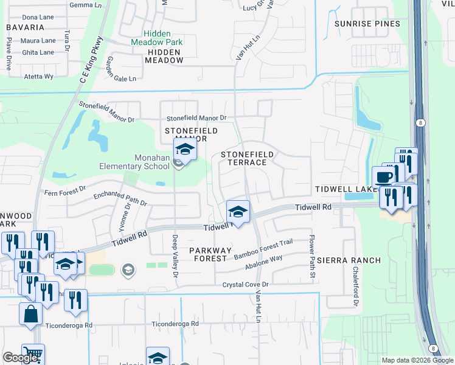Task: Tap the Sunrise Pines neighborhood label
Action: click(x=367, y=24)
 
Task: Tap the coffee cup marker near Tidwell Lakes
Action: click(x=382, y=177)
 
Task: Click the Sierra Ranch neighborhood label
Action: click(x=349, y=260)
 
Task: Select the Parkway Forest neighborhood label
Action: click(x=211, y=254)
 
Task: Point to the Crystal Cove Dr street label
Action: click(x=245, y=284)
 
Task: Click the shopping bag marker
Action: click(x=30, y=314)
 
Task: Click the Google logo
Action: click(x=20, y=358)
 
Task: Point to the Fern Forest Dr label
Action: click(x=67, y=193)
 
